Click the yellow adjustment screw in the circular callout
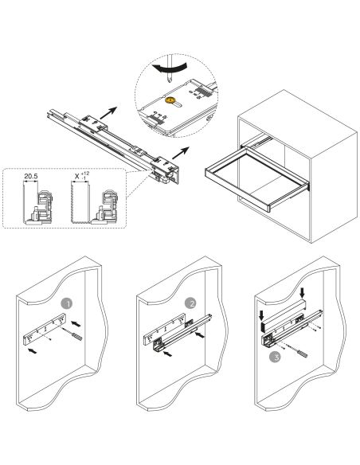170,102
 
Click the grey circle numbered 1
66,303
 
